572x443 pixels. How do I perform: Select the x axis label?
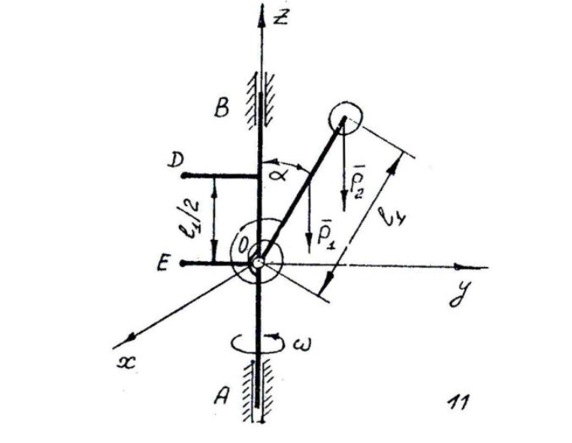pos(123,360)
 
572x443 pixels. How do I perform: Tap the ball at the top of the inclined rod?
pos(346,118)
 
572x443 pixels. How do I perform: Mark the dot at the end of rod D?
pos(183,177)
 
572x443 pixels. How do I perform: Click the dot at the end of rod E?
pos(183,263)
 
